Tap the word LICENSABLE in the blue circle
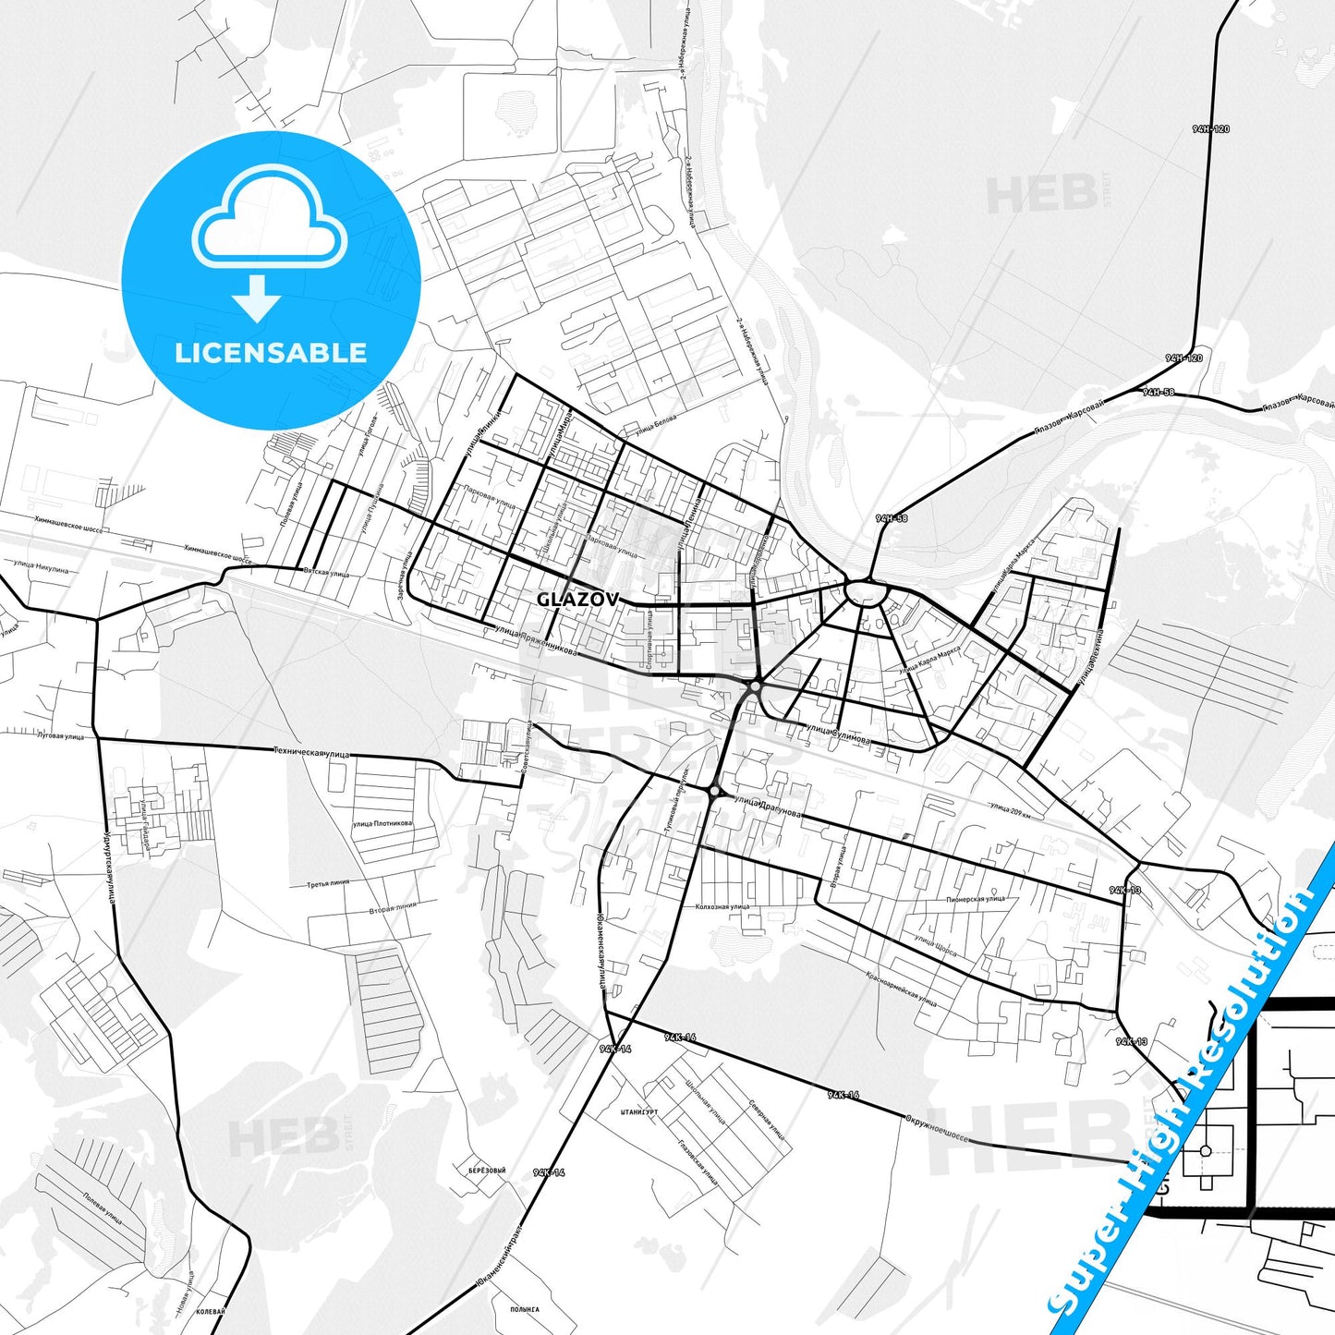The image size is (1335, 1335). coord(271,352)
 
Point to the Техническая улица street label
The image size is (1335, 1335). coord(311,753)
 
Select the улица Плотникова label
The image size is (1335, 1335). coord(382,823)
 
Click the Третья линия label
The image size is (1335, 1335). coord(328,884)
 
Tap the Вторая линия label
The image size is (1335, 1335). coord(393,907)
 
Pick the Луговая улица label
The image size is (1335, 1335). coord(59,736)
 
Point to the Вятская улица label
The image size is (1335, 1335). coord(326,573)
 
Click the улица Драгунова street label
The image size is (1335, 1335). coord(767,807)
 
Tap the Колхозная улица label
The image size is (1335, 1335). coord(722,906)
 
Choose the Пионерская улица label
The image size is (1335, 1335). coord(975,898)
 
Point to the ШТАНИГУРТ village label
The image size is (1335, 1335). coord(639,1111)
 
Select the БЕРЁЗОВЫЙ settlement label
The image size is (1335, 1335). coord(487,1170)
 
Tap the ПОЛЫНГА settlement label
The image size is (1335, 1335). coord(524,1308)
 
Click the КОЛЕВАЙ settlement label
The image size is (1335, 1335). coord(212,1311)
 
